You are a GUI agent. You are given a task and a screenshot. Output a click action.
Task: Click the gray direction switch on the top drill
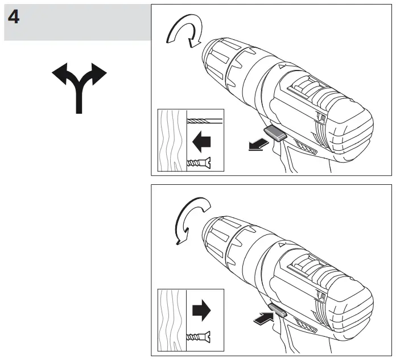tap(275, 134)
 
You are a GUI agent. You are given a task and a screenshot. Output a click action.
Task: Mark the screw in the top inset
tap(200, 164)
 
